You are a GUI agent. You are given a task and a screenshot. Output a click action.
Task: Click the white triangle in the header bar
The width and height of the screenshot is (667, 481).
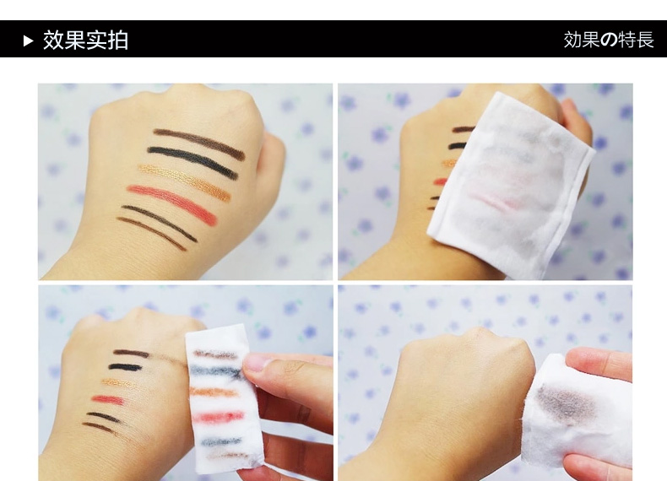[x=29, y=41]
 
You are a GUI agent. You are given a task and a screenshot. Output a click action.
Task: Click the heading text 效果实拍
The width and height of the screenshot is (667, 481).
[x=85, y=41]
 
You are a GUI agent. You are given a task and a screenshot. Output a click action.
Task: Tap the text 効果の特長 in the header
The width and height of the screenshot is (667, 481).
[x=609, y=40]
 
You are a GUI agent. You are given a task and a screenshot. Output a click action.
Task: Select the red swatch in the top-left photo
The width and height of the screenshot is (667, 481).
[x=172, y=204]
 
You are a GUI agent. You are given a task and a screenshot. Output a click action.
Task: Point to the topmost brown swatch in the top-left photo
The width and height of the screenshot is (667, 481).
[x=199, y=143]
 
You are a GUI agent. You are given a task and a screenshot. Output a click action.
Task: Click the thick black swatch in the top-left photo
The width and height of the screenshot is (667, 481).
[x=193, y=161]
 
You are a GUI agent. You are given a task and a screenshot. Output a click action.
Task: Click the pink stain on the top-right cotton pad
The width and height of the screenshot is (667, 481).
[x=493, y=200]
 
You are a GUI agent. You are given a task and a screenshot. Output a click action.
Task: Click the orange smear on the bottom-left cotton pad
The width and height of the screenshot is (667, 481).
[x=214, y=392]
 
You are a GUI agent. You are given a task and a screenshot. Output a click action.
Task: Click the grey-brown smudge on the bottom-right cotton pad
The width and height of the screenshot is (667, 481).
[x=563, y=402]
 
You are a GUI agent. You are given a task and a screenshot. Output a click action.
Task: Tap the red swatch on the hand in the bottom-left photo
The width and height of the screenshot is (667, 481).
[x=107, y=400]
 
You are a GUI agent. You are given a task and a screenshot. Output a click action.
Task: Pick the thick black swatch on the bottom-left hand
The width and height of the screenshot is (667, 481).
[x=126, y=367]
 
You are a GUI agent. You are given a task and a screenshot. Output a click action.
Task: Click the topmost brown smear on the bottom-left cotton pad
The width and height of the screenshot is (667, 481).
[x=215, y=354]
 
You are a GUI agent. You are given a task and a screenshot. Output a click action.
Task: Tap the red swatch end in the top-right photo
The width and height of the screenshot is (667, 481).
[x=440, y=182]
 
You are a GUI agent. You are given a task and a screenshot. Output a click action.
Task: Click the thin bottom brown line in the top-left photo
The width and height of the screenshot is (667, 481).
[x=151, y=233]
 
